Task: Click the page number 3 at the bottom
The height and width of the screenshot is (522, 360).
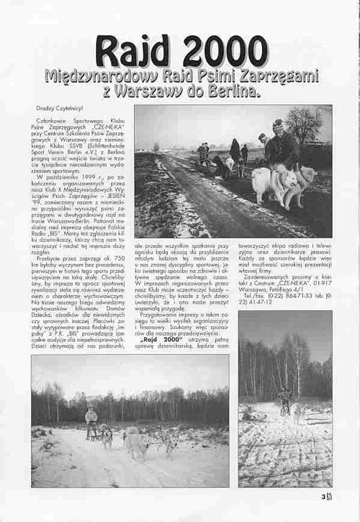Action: (x=325, y=495)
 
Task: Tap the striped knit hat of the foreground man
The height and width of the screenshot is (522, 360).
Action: (x=278, y=125)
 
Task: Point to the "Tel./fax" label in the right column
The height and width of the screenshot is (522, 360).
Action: (x=255, y=294)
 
